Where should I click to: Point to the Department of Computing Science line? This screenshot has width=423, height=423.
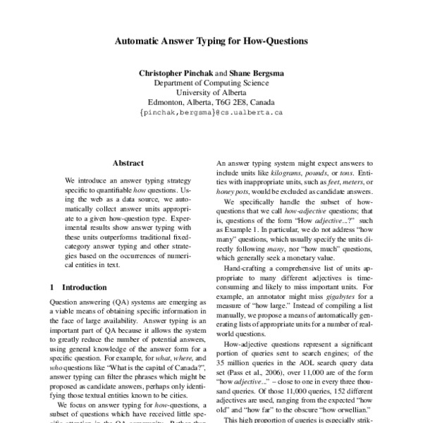[x=211, y=82]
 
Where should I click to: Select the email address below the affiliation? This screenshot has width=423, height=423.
[x=211, y=112]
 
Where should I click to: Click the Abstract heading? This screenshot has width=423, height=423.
[x=128, y=162]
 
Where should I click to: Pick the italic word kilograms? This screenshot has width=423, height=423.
[x=290, y=173]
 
